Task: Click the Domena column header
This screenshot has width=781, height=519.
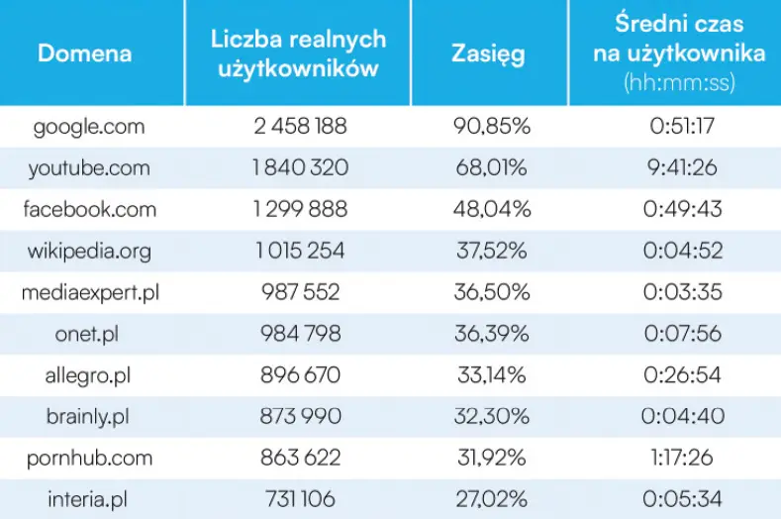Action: click(x=84, y=53)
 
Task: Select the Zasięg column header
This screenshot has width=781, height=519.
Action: click(x=489, y=53)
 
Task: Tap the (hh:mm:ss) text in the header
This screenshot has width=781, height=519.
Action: click(x=678, y=83)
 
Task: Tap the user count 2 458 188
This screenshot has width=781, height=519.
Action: click(x=298, y=127)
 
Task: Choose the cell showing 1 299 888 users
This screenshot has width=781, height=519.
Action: click(x=298, y=209)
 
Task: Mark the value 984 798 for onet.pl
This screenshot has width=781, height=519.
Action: click(x=298, y=334)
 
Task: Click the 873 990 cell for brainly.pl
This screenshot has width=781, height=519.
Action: click(x=298, y=416)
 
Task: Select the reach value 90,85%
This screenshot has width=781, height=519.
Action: click(x=489, y=127)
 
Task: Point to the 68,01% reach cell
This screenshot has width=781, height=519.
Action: click(x=489, y=168)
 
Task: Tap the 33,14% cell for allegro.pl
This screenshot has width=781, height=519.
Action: click(x=489, y=375)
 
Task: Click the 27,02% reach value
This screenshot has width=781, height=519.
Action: click(x=489, y=499)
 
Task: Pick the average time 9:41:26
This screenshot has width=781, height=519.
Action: click(x=678, y=168)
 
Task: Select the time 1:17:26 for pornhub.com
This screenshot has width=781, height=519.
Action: click(x=678, y=458)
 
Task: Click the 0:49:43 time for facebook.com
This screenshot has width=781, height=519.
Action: click(x=678, y=209)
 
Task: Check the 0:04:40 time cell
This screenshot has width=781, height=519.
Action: click(x=678, y=416)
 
